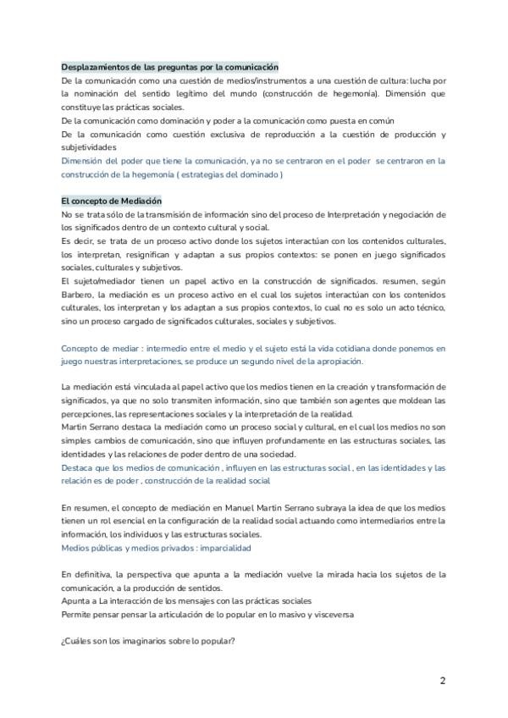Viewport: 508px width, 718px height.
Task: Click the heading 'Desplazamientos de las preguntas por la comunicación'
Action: click(x=170, y=67)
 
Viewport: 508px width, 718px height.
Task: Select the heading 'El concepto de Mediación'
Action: click(x=111, y=201)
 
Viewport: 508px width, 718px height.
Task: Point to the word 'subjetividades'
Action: click(x=89, y=146)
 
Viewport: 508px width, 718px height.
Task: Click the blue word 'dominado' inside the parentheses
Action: click(x=257, y=174)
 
